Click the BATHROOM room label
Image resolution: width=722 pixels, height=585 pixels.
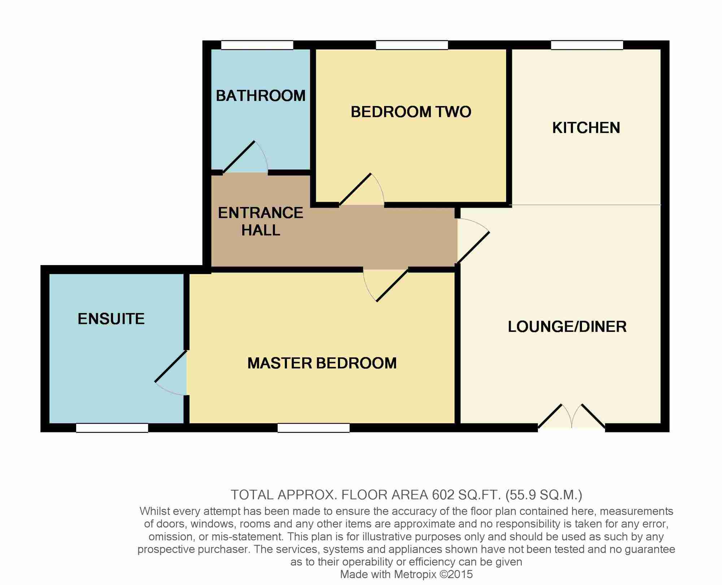coord(261,96)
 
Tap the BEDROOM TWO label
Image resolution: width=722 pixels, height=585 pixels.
coord(411,112)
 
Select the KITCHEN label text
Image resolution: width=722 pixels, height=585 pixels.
coord(586,128)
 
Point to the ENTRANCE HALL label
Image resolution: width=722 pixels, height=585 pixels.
coord(261,221)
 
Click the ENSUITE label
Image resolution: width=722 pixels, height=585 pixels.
coord(111,319)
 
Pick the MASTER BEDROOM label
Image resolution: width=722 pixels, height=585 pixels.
coord(322,363)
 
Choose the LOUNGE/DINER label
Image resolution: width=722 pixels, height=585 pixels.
coord(567,327)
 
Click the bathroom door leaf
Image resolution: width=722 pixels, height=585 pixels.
coord(239,157)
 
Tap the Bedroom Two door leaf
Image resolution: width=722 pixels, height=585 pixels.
coord(355,189)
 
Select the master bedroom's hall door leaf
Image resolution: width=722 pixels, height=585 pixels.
coord(392,285)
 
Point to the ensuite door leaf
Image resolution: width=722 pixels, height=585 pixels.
coord(171,366)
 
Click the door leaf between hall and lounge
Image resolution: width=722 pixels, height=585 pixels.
coord(473,247)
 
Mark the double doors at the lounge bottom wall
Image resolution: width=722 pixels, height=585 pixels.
coord(571,416)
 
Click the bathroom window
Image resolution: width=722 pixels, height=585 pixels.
coord(257,45)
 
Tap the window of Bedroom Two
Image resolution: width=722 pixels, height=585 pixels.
coord(412,45)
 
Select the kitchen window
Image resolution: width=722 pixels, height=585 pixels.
coord(587,45)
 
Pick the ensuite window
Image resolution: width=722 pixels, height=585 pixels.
coord(112,428)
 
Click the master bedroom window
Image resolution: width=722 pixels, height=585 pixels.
coord(314,428)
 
